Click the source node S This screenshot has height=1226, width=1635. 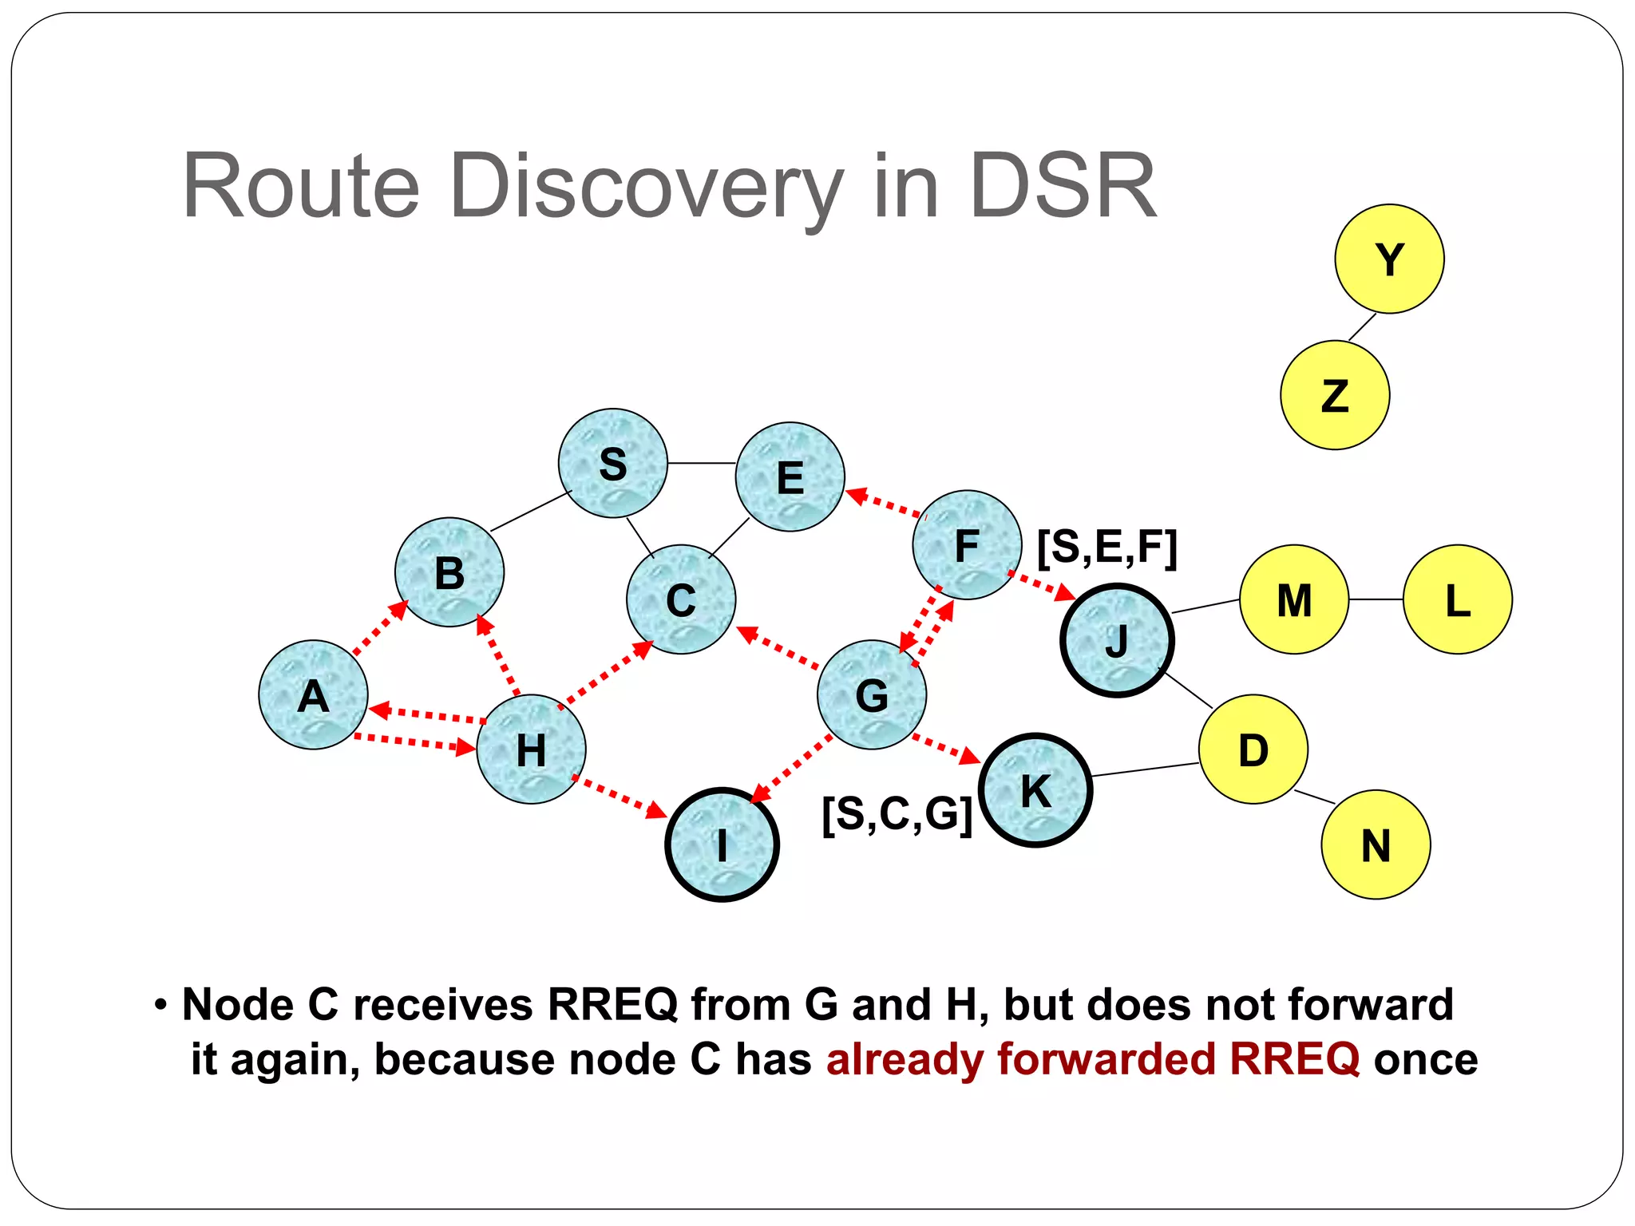pos(613,464)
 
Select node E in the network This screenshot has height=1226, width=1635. pos(790,477)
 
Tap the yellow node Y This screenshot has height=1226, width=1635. pos(1389,259)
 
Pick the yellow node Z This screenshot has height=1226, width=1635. pos(1335,395)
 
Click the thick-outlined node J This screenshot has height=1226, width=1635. pos(1117,641)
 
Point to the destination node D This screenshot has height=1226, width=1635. pos(1253,749)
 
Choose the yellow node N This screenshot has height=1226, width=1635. pos(1376,844)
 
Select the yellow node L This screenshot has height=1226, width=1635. pos(1458,599)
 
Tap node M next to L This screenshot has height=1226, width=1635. pos(1294,599)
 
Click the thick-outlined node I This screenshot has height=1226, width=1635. pos(722,844)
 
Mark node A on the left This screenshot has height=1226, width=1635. pos(313,695)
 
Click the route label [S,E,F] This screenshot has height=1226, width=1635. pos(1107,548)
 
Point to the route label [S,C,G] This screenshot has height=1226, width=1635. pos(897,814)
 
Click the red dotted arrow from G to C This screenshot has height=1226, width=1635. pos(778,647)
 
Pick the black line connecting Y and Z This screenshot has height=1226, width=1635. pos(1363,327)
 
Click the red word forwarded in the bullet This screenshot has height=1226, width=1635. pos(1106,1059)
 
